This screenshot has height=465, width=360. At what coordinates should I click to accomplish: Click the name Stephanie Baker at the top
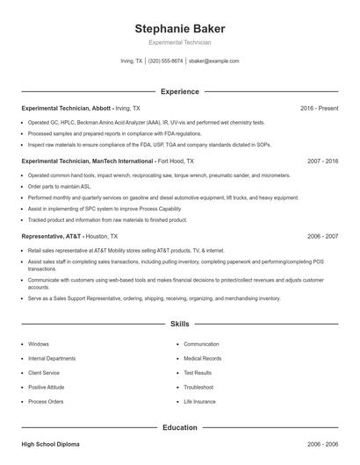(179, 28)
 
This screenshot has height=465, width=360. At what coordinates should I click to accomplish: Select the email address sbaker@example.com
(213, 61)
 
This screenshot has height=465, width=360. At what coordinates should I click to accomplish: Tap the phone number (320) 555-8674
(165, 61)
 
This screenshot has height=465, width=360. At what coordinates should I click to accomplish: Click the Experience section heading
(179, 91)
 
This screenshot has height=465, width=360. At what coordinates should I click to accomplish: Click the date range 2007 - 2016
(323, 161)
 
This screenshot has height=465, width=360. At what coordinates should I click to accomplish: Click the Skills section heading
(179, 324)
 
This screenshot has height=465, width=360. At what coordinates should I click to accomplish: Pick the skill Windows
(39, 344)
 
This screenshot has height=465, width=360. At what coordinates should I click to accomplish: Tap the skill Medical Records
(203, 358)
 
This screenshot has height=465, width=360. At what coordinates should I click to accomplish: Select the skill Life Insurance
(199, 401)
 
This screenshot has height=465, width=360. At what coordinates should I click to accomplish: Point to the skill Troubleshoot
(198, 387)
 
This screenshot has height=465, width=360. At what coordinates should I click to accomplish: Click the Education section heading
(179, 427)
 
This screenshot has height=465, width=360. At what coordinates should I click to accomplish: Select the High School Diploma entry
(51, 445)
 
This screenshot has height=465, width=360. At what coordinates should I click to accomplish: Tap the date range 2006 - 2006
(323, 445)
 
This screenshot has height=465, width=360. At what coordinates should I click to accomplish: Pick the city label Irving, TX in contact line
(131, 61)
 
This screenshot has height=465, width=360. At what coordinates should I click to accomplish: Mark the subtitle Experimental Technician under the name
(179, 42)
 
